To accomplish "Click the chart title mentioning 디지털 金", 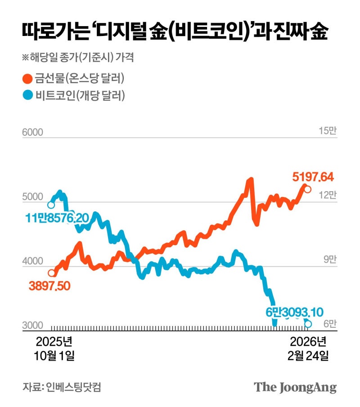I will (175, 33).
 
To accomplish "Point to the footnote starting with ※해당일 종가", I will (77, 58).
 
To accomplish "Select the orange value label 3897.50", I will (50, 286).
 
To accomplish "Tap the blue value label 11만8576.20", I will (57, 218).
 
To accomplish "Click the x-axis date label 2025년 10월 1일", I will (54, 348).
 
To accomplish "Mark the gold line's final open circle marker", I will (307, 189).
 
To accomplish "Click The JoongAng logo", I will (295, 387).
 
